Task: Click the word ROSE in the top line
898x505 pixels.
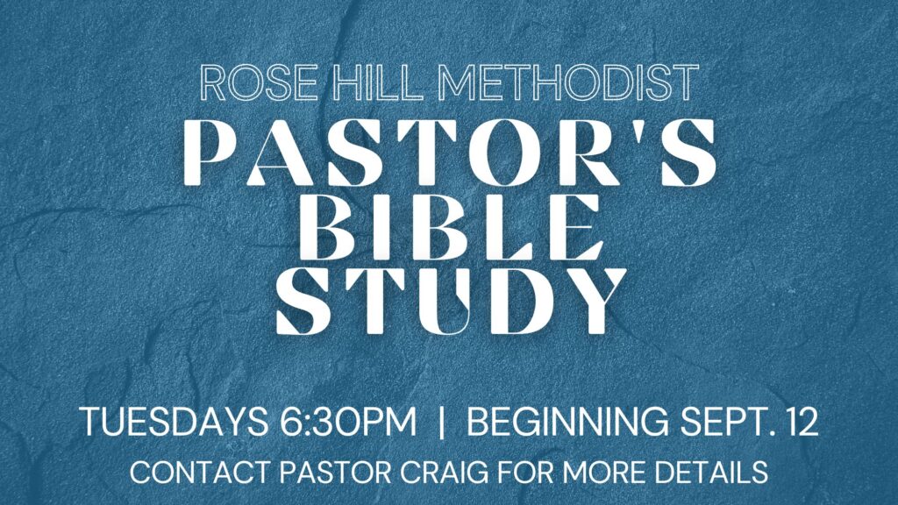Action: tap(259, 83)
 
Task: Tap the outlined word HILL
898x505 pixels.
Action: tap(381, 83)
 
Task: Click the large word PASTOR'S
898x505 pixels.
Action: tap(450, 153)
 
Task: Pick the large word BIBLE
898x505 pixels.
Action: tap(451, 227)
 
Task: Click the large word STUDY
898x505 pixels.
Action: tap(451, 301)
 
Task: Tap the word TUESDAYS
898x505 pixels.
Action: tap(175, 423)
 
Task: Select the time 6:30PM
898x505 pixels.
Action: tap(348, 423)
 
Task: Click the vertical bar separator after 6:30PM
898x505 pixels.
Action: tap(441, 423)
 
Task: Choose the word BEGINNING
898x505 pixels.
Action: tap(567, 423)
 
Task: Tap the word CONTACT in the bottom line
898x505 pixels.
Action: tap(200, 473)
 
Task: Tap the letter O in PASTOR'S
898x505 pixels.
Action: tap(499, 153)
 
